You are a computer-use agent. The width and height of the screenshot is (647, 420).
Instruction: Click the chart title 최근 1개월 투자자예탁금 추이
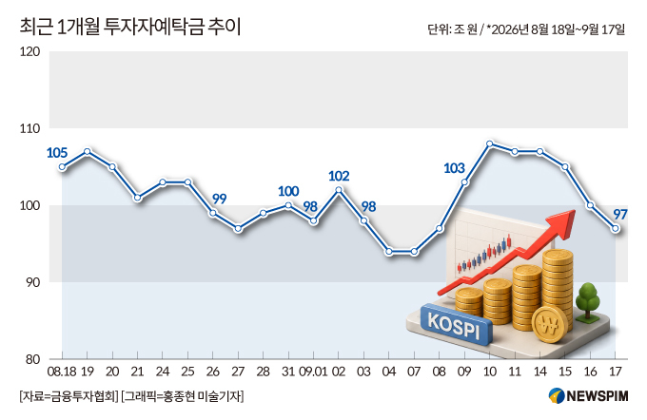(x=130, y=28)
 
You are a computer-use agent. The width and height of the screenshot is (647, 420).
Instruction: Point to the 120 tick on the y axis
(x=29, y=51)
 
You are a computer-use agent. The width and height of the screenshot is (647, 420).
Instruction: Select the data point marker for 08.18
(x=62, y=167)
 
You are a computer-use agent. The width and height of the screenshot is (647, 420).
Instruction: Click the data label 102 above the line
(x=339, y=176)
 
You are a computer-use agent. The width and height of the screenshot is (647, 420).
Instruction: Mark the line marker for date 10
(x=490, y=143)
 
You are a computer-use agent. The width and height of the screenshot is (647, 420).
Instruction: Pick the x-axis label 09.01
(x=313, y=372)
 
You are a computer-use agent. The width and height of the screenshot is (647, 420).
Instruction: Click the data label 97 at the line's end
(x=620, y=215)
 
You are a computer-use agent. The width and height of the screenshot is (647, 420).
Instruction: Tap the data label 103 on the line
(x=454, y=168)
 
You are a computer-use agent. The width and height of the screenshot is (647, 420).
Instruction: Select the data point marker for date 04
(x=389, y=252)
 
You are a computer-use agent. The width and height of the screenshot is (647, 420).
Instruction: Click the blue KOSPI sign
(x=456, y=324)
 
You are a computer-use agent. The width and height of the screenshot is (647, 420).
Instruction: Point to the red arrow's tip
(x=575, y=211)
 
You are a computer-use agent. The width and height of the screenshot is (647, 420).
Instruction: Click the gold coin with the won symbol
(x=550, y=324)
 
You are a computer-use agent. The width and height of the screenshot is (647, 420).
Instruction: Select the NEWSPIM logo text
(x=598, y=396)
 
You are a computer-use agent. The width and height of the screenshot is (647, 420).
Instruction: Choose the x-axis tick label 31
(x=288, y=372)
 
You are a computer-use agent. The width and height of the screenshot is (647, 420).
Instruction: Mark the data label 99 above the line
(x=220, y=200)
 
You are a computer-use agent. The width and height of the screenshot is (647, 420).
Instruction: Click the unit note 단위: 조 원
(x=452, y=29)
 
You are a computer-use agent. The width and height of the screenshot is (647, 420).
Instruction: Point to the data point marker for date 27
(x=238, y=228)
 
